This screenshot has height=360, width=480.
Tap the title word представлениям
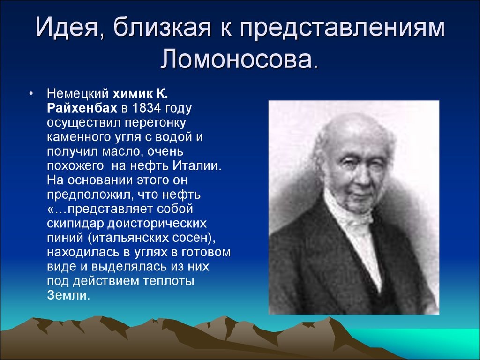(x=342, y=28)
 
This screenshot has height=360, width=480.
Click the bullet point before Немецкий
(x=30, y=94)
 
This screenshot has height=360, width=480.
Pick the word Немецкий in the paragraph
(x=78, y=94)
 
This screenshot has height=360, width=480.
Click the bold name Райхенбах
(x=82, y=108)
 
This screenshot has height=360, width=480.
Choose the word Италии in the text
(x=196, y=165)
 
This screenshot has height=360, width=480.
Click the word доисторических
(x=157, y=224)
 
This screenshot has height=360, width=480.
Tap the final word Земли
(x=68, y=295)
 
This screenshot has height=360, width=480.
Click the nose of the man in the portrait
(x=360, y=176)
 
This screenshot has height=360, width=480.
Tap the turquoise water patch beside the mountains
(x=428, y=343)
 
